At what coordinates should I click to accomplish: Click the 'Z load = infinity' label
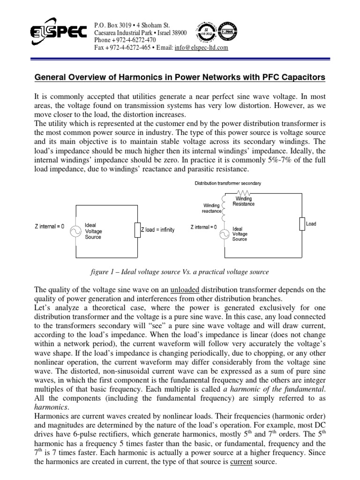[x=158, y=230]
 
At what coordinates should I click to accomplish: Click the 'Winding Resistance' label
[x=244, y=202]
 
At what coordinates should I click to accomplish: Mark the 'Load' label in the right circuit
[x=311, y=224]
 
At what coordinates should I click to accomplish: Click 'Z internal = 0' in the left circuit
[x=49, y=227]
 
